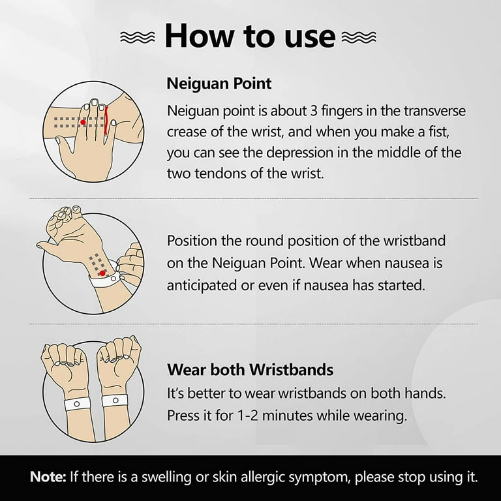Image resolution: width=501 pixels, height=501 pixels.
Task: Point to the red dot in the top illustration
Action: (x=83, y=122)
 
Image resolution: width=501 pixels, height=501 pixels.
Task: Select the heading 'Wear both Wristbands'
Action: (x=250, y=370)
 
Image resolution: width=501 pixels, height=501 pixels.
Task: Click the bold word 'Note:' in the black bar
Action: (x=48, y=477)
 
